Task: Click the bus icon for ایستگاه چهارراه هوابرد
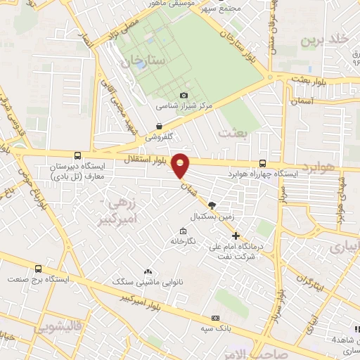[x=262, y=162]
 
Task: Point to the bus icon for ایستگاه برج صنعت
[x=38, y=269]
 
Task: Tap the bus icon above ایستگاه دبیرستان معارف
[x=77, y=156]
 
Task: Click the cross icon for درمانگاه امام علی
[x=236, y=236]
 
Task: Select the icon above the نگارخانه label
[x=184, y=231]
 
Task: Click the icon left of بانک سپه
[x=215, y=319]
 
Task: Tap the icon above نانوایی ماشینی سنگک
[x=148, y=271]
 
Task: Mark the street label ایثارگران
[x=301, y=281]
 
